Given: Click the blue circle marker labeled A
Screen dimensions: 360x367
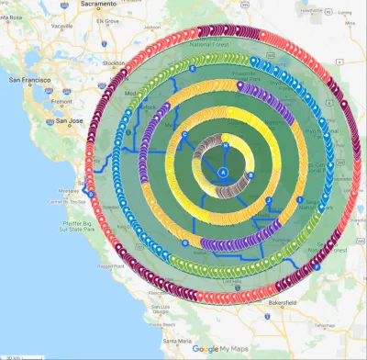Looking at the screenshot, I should pos(223,173).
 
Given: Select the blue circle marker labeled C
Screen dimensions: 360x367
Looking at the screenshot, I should pos(186,135).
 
